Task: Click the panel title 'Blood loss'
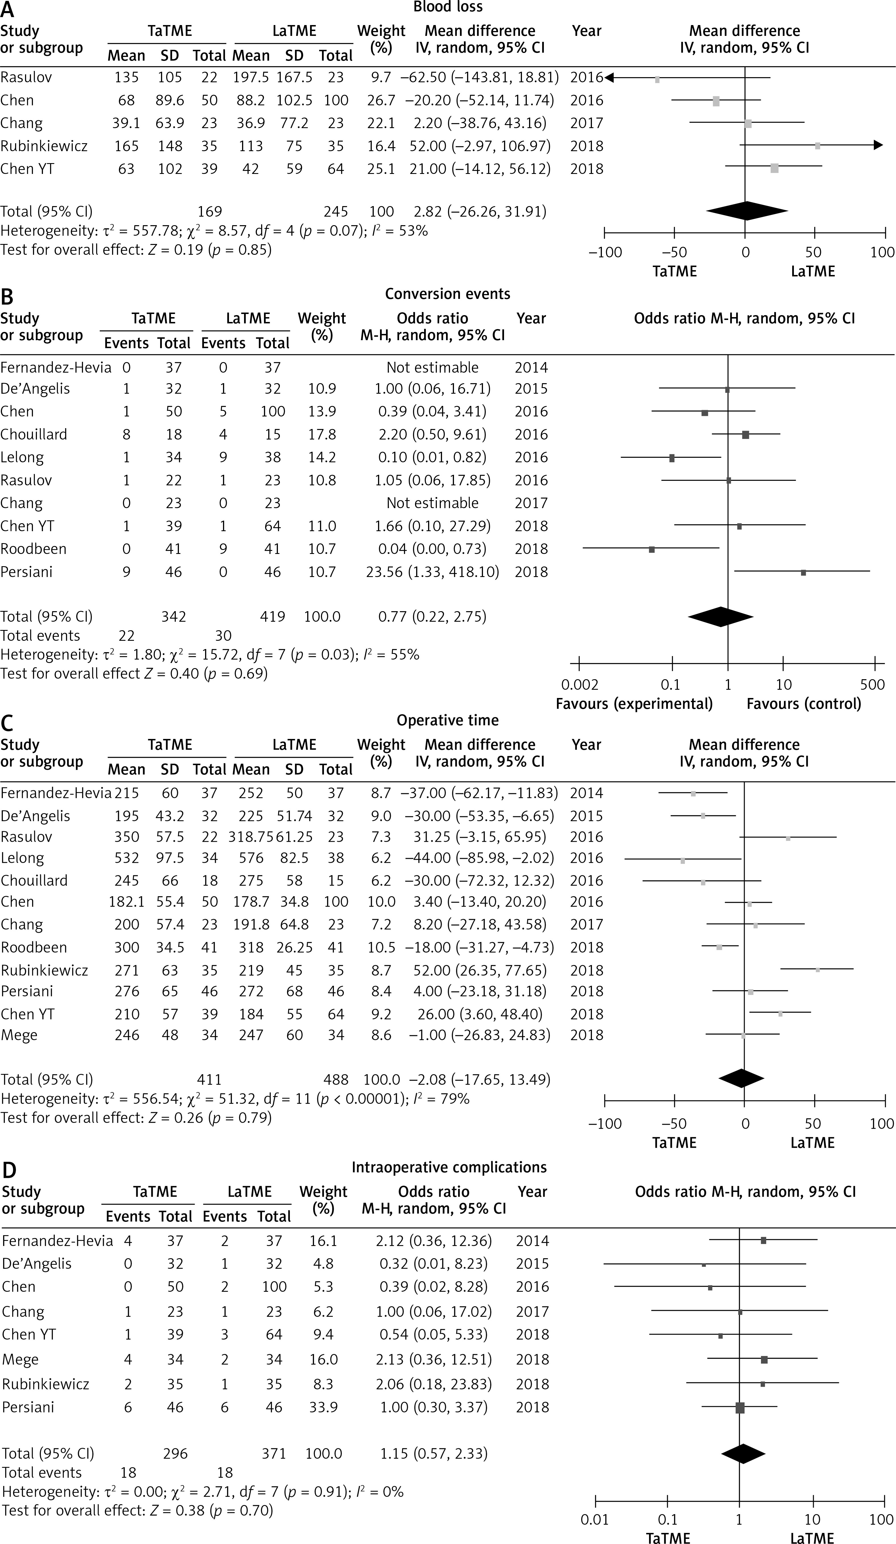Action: tap(448, 7)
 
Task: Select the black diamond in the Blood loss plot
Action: tap(747, 212)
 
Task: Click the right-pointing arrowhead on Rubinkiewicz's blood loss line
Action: tap(878, 145)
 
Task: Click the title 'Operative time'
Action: tap(448, 720)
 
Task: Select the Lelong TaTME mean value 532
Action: tap(126, 858)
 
